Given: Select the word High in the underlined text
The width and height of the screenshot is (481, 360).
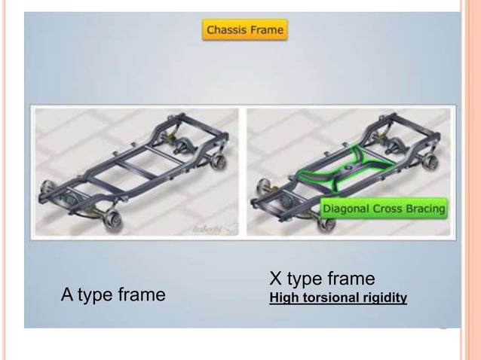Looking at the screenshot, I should pos(282,299).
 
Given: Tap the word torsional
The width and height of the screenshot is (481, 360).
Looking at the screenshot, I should pos(326,299).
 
